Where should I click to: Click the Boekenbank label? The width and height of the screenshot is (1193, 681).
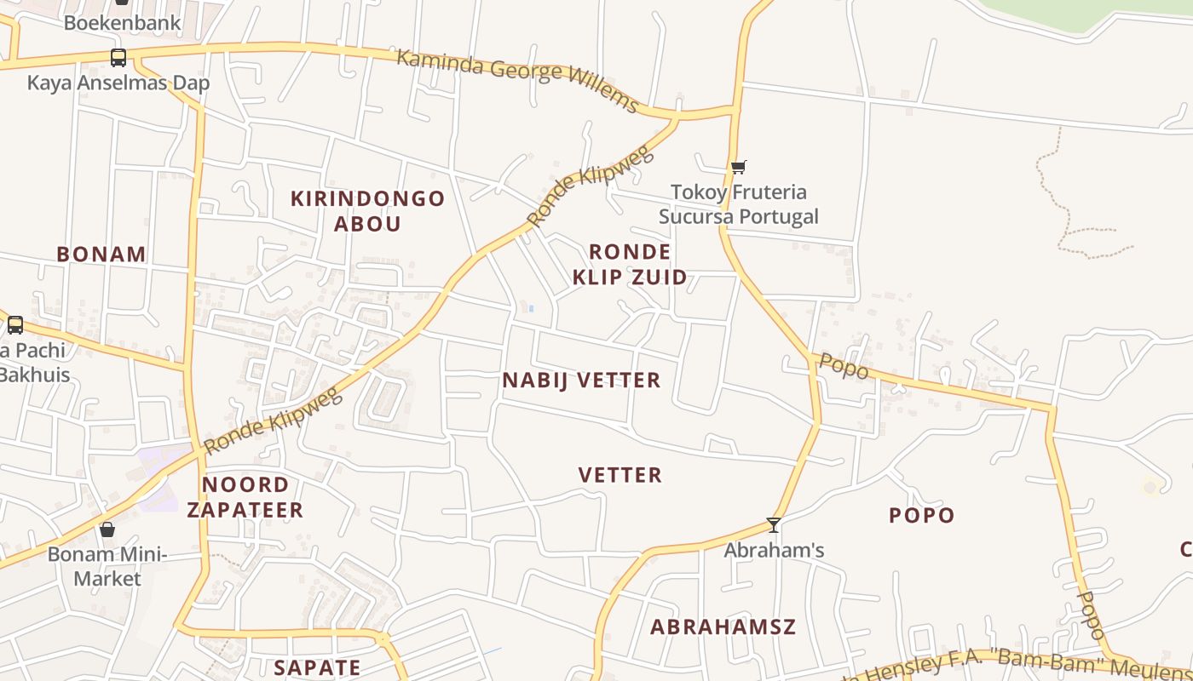point(122,22)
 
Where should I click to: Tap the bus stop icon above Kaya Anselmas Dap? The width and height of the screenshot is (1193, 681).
point(118,58)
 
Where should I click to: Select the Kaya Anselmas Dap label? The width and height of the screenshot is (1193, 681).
point(118,83)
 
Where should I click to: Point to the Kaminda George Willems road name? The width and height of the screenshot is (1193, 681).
point(517,79)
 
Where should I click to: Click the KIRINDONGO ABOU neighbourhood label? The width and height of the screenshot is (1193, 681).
point(367,211)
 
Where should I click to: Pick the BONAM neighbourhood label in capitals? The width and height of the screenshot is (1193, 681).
point(101,254)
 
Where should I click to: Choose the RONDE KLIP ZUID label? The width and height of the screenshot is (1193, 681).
point(630,264)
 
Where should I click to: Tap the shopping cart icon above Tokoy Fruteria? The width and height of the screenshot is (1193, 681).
point(738,167)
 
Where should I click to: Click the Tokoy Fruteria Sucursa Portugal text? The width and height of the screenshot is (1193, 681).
point(738,204)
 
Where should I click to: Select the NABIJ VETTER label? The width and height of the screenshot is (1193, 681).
point(581,381)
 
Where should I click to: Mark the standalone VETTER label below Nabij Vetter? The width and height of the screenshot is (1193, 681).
point(620,475)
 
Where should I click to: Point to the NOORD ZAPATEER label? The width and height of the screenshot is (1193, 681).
point(245,497)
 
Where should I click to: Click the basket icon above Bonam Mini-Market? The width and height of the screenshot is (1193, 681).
point(107,529)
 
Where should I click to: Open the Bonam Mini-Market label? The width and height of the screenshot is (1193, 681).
point(107,567)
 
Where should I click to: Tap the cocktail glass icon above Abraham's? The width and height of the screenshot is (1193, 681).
point(774,525)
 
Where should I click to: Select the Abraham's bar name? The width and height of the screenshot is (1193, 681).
point(774,551)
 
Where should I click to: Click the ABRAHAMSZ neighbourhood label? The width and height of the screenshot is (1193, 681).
point(723,627)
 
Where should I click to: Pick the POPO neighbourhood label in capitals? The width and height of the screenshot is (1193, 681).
point(921,515)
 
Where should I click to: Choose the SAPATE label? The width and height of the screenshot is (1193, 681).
point(317,667)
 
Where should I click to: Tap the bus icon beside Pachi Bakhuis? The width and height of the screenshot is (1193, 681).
point(15,324)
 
